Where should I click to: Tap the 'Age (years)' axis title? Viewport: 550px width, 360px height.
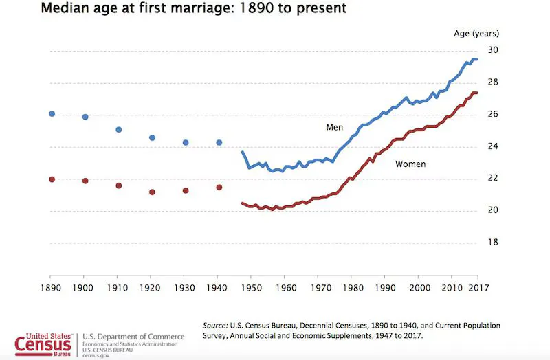(x=476, y=33)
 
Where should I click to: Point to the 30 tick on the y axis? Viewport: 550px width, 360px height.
(x=493, y=51)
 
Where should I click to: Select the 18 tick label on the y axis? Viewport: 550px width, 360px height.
(x=493, y=243)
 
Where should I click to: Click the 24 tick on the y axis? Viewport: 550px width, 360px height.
(x=493, y=146)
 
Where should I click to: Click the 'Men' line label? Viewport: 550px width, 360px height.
(x=335, y=128)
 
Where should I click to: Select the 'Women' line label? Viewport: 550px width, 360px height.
(x=410, y=164)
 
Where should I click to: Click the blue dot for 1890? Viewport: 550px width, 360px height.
(x=52, y=113)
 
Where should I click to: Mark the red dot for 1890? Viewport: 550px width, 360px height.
(x=52, y=179)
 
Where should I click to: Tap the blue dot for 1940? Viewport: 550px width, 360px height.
(x=219, y=142)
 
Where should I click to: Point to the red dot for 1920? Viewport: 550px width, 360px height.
(x=152, y=192)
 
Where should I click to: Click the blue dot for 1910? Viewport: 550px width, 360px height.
(x=118, y=129)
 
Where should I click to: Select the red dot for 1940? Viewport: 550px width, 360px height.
(x=219, y=187)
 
